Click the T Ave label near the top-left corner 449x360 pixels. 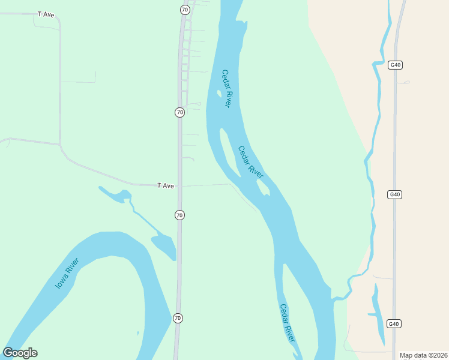click(46, 14)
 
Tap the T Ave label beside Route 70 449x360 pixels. click(166, 186)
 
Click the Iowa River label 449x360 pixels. click(67, 274)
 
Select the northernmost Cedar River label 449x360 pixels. click(226, 89)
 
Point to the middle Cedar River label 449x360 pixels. click(251, 162)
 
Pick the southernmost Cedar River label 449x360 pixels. click(288, 323)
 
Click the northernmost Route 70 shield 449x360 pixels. click(185, 10)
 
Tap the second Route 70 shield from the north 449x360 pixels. click(179, 112)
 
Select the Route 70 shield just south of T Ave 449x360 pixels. click(179, 215)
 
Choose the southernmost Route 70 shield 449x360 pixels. click(178, 317)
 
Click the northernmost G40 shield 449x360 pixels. click(394, 65)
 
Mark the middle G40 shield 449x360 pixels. click(394, 194)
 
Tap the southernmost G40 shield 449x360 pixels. click(393, 324)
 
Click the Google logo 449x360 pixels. click(20, 353)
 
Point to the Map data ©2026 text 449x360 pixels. click(423, 355)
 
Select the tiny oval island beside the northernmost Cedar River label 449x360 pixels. click(218, 93)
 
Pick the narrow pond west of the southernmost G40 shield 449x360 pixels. click(378, 312)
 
